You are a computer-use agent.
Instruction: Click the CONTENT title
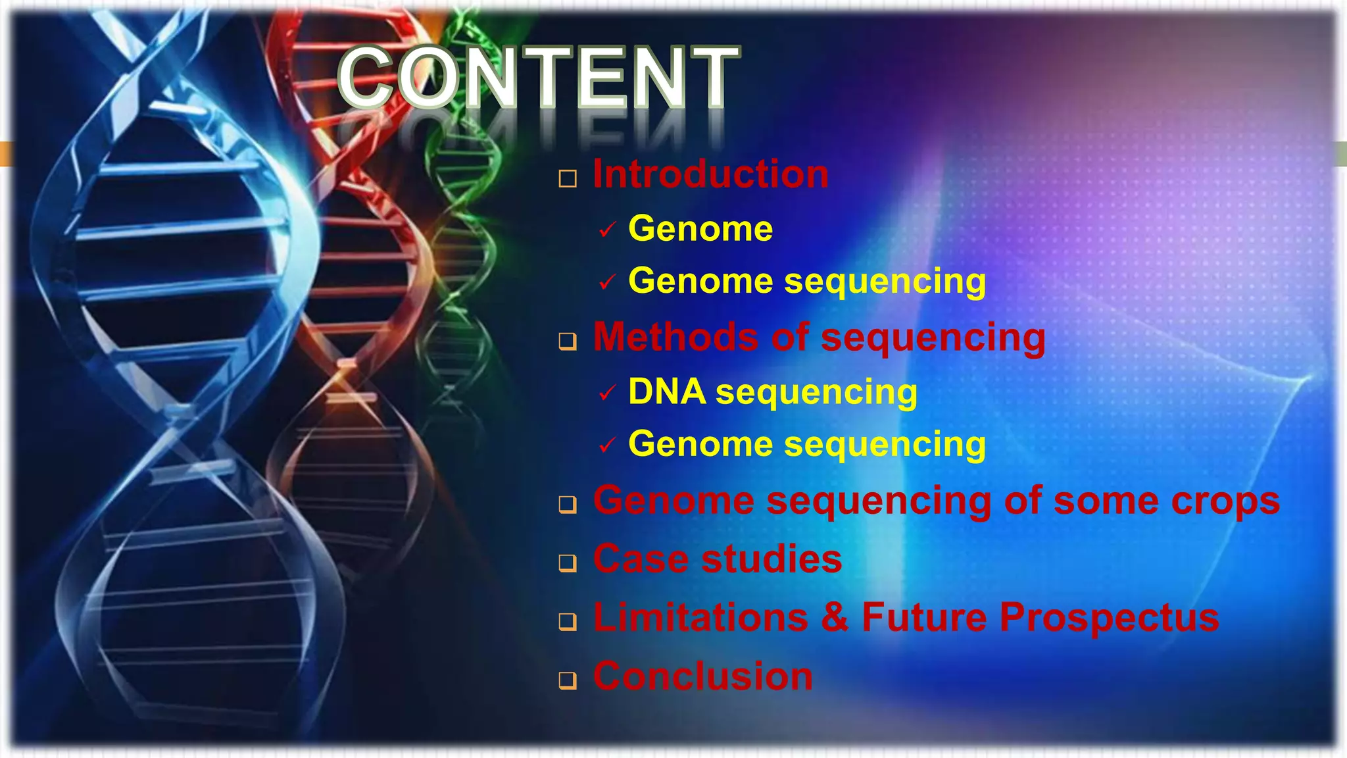[538, 78]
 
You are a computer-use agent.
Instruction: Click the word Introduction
[710, 174]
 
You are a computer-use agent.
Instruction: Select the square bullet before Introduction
[568, 178]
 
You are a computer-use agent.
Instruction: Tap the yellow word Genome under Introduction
[700, 229]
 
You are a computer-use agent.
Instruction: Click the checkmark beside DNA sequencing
[607, 393]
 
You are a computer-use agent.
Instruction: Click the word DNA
[667, 392]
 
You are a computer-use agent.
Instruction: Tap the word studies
[771, 559]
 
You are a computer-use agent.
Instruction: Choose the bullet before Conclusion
[568, 680]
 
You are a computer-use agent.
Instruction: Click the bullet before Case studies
[568, 563]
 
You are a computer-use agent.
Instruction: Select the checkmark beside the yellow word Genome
[607, 230]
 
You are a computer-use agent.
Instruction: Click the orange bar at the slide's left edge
[6, 153]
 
